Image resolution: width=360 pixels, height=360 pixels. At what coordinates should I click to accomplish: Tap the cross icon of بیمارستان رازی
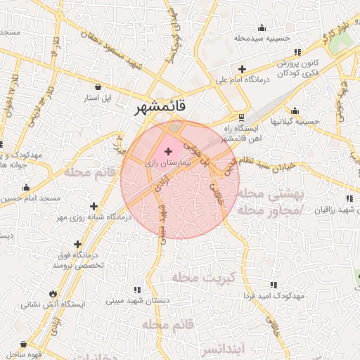point(168,151)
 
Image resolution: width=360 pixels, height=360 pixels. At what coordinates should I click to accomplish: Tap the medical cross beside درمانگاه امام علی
point(243,70)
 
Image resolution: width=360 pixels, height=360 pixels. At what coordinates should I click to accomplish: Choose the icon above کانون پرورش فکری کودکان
point(297,52)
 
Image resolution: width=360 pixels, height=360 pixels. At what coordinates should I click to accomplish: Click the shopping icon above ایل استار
point(97,86)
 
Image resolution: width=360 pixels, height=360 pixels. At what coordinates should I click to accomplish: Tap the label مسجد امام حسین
point(30,199)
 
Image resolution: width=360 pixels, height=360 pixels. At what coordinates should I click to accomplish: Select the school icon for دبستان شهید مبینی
point(137,290)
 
